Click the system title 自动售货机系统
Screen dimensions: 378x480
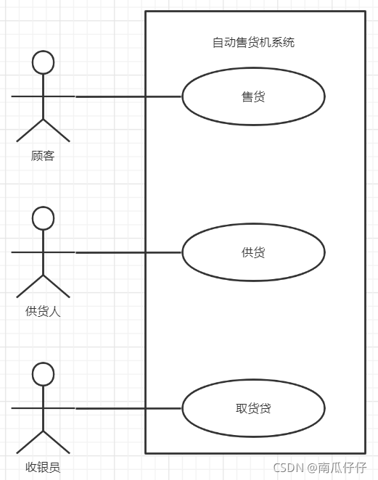point(253,42)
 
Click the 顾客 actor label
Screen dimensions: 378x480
point(43,155)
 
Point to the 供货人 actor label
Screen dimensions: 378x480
point(43,311)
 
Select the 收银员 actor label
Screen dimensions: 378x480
point(43,467)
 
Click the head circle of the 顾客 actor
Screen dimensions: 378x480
point(44,51)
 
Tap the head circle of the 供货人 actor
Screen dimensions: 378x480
point(44,207)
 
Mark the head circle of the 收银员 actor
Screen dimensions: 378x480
point(44,363)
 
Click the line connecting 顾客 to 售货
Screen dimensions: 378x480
point(128,96)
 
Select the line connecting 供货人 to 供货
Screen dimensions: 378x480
point(128,252)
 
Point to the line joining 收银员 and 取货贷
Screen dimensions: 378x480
point(128,408)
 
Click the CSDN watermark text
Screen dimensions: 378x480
point(288,468)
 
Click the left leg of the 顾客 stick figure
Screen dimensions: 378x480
point(30,131)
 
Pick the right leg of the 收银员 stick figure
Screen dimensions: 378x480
point(57,442)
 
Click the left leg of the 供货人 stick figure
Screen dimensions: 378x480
point(30,286)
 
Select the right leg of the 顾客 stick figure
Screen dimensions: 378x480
point(57,131)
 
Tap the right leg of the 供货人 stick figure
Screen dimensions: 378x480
point(57,286)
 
